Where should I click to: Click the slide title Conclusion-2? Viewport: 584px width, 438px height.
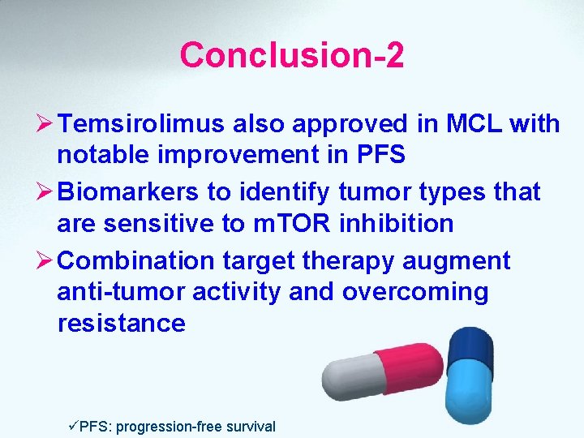292,55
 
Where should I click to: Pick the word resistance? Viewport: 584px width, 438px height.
122,324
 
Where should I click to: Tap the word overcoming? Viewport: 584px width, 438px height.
415,291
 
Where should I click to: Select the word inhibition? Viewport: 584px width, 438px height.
398,223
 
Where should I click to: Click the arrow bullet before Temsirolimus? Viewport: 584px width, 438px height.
44,124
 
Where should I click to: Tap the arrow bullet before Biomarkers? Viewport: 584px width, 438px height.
44,192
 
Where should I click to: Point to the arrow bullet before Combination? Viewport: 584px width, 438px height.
44,260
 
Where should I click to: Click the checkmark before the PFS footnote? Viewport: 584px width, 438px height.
73,426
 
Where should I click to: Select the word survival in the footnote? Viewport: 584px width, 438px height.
251,426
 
